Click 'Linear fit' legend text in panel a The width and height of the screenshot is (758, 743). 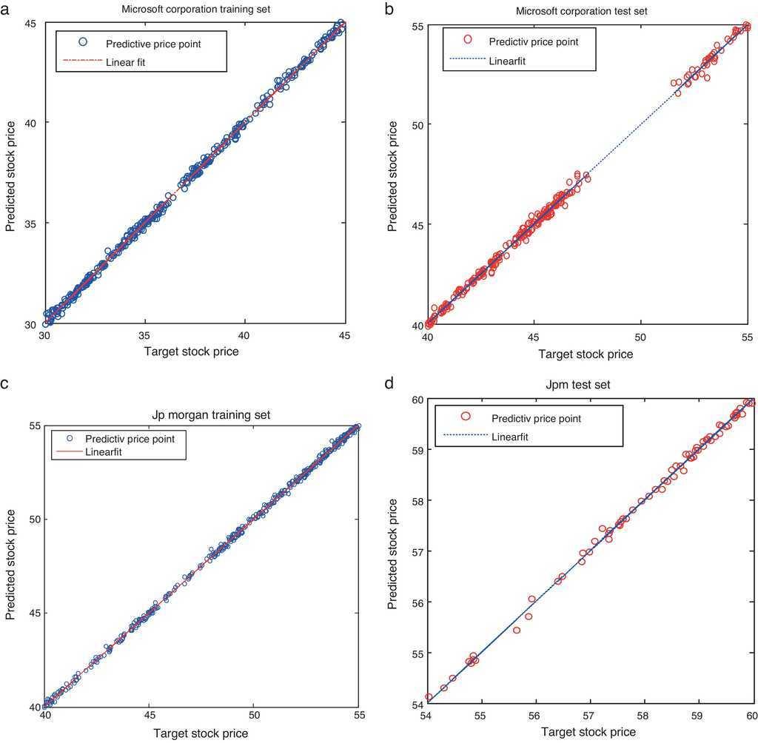[x=126, y=62]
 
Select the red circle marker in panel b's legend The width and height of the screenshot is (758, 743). [x=466, y=39]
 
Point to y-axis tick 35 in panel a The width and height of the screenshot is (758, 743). [x=32, y=223]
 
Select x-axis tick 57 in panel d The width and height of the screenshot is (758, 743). [x=588, y=716]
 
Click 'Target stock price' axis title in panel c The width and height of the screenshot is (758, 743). [x=201, y=734]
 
